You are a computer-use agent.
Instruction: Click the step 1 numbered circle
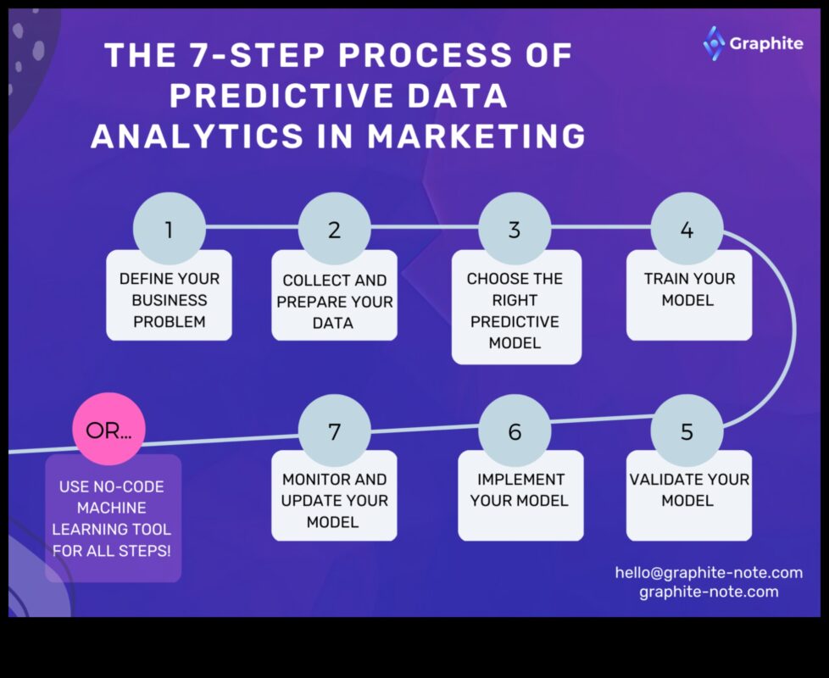(169, 229)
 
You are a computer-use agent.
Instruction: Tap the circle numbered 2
(334, 229)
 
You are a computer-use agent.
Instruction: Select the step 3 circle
(515, 229)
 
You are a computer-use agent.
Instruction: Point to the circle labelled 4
(687, 229)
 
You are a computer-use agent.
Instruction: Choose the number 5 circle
(687, 431)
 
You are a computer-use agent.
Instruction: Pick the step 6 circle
(515, 431)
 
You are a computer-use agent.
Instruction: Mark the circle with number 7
(334, 431)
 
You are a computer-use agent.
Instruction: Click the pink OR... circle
(109, 429)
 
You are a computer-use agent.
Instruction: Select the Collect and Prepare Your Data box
(334, 302)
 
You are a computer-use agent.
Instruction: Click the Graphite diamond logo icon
(715, 42)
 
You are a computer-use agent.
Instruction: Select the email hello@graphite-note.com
(709, 573)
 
